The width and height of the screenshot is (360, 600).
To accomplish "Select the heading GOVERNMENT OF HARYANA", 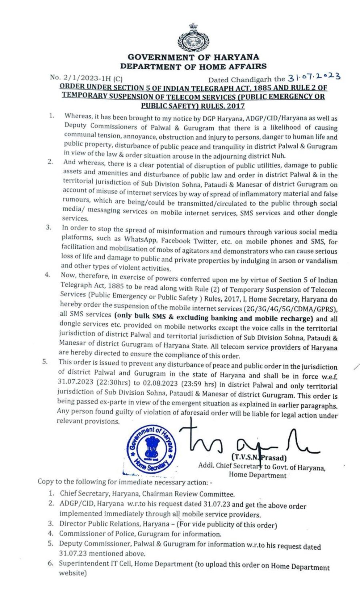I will click(x=193, y=57).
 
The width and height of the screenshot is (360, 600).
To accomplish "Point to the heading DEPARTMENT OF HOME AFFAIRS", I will click(x=193, y=66).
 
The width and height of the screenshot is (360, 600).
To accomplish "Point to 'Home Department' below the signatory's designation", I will click(x=258, y=475).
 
